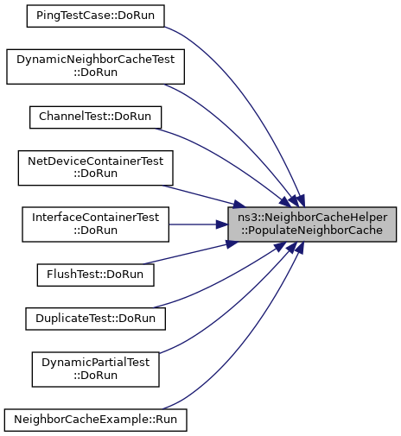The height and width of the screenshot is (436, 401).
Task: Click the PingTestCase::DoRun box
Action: [95, 16]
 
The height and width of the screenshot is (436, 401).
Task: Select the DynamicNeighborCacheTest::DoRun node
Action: [95, 66]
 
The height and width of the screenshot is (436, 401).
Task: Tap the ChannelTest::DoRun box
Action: [95, 117]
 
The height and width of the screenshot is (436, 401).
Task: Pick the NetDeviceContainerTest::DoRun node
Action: [95, 168]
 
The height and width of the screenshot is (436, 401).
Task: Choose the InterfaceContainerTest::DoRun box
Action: [95, 224]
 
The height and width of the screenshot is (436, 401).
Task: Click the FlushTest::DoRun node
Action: [95, 275]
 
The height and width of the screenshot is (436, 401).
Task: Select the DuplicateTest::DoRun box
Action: [95, 319]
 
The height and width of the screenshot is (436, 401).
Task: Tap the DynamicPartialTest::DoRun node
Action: [95, 370]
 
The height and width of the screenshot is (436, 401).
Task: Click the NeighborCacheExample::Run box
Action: [95, 420]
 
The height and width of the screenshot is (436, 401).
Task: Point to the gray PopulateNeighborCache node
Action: [312, 224]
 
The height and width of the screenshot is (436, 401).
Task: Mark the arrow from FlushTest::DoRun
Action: [190, 253]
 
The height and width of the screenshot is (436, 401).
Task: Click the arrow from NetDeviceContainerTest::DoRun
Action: [203, 196]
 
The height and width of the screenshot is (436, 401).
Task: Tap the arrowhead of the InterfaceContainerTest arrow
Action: [222, 224]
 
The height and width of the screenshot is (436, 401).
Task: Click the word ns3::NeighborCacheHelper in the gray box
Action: [312, 218]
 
